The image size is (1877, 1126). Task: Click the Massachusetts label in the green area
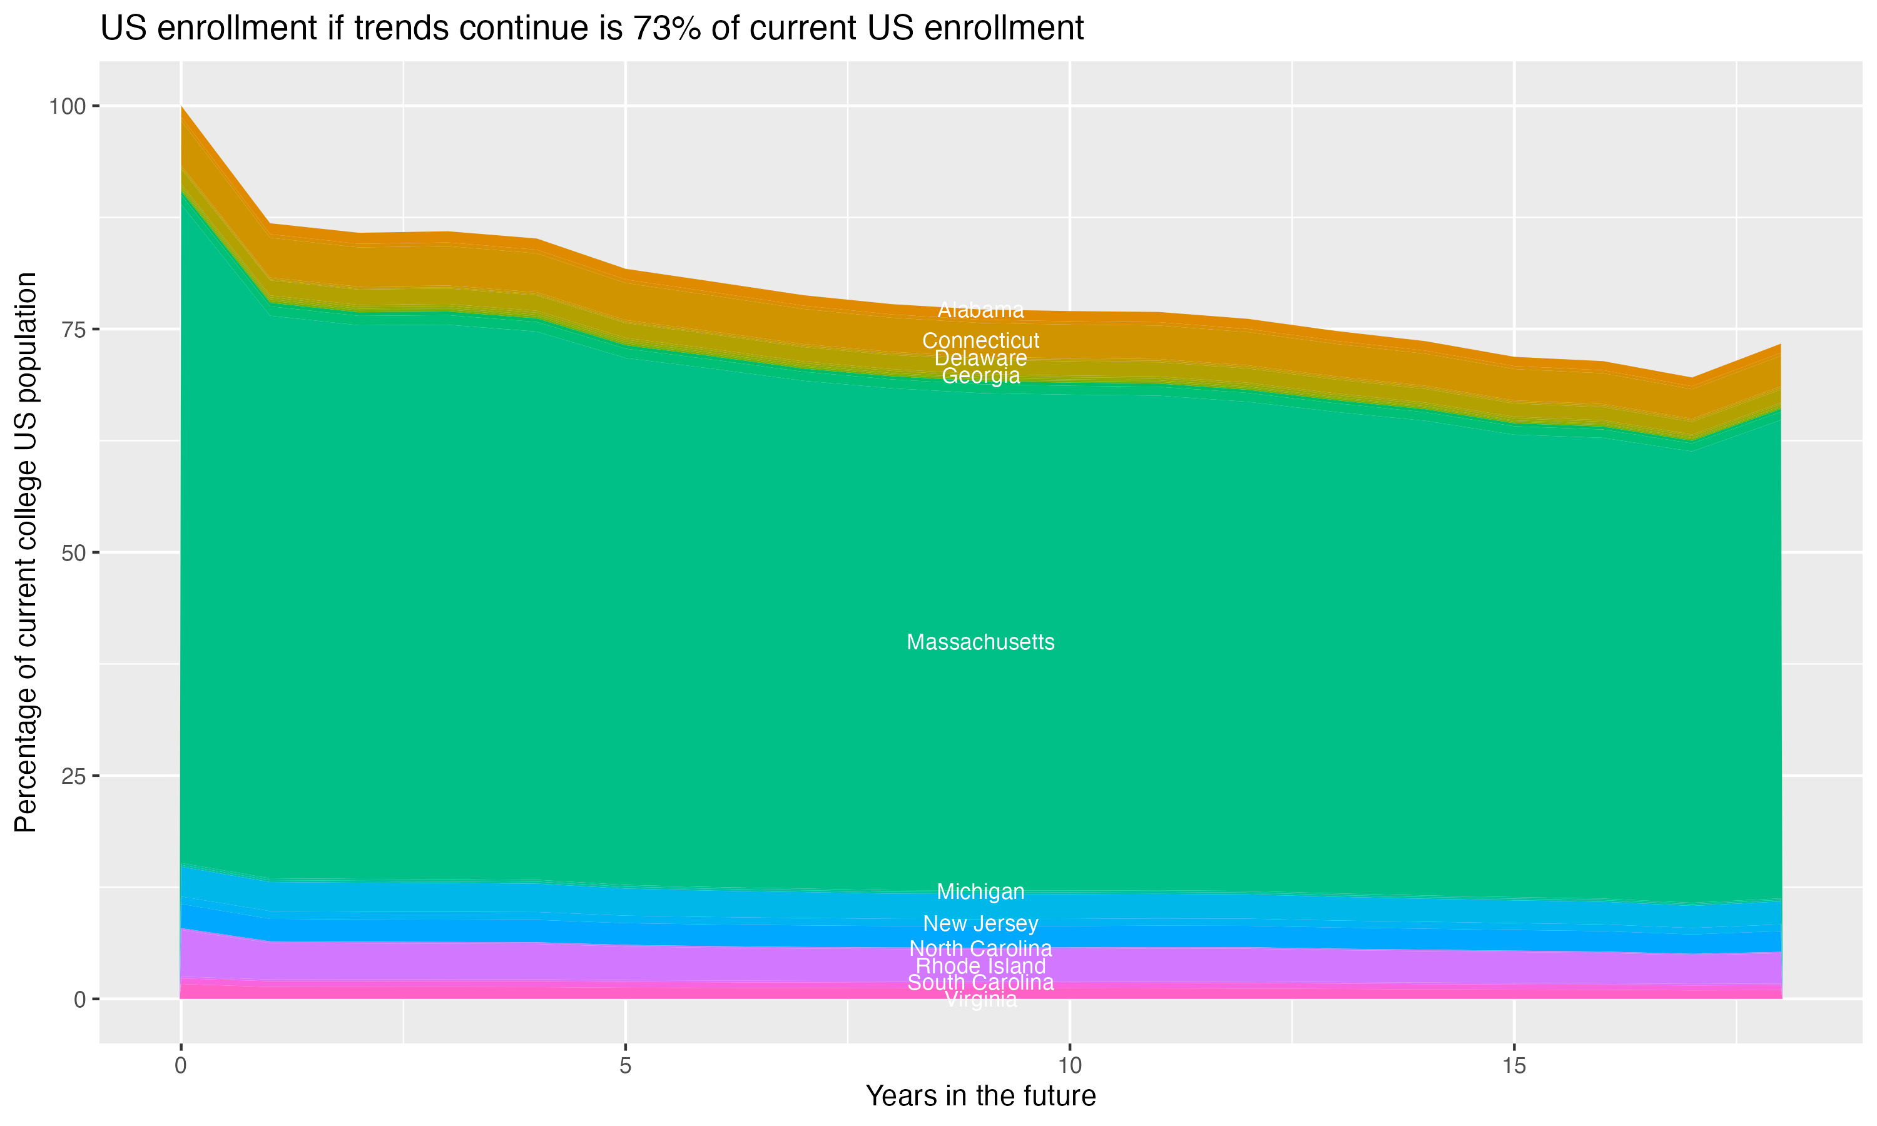(980, 642)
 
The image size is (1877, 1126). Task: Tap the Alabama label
(980, 310)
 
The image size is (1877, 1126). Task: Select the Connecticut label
(980, 341)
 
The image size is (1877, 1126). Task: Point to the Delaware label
(980, 358)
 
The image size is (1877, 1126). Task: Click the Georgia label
(980, 375)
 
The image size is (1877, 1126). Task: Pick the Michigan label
(980, 891)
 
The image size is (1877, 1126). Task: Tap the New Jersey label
(980, 923)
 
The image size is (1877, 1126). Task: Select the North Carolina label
(980, 948)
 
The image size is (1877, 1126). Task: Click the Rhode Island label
(980, 966)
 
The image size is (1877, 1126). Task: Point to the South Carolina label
(980, 983)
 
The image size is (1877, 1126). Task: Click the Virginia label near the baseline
(980, 1000)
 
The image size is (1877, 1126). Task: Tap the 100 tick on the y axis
(67, 106)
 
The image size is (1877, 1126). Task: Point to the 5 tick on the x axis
(625, 1066)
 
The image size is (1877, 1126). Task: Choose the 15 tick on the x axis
(1513, 1066)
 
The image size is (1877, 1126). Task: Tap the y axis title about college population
(26, 552)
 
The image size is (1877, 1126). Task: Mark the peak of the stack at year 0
(181, 107)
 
